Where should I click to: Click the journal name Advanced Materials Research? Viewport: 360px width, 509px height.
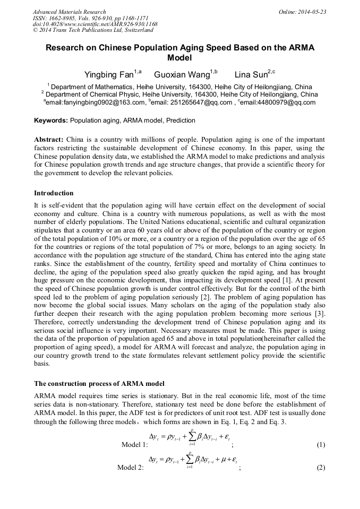(70, 12)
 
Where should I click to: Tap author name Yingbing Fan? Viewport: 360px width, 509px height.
(108, 75)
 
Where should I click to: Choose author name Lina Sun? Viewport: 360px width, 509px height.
(250, 75)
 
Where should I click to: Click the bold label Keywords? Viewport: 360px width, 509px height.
(51, 120)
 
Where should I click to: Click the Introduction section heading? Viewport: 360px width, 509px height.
(54, 193)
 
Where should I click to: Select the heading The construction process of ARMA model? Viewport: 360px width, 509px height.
(99, 383)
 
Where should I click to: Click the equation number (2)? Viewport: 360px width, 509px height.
(320, 468)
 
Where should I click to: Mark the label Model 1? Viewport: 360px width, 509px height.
(134, 445)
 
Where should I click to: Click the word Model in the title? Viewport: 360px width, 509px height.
(179, 57)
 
